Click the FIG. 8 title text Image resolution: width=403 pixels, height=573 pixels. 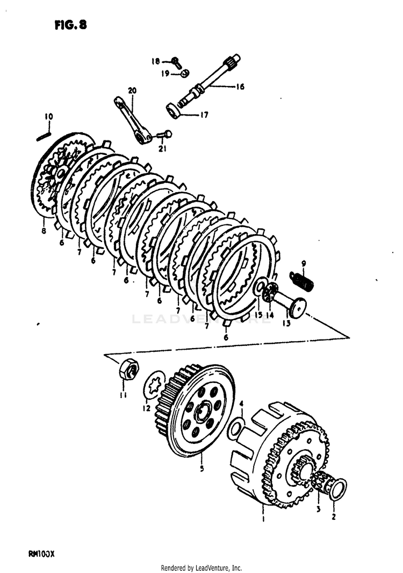point(70,25)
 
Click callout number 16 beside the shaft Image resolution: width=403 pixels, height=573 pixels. point(240,86)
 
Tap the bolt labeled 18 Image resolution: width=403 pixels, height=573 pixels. point(176,62)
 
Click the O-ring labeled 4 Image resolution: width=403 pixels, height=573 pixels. point(235,429)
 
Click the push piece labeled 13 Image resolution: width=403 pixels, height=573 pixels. point(294,307)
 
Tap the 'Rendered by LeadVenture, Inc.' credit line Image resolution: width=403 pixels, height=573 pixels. point(201,568)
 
